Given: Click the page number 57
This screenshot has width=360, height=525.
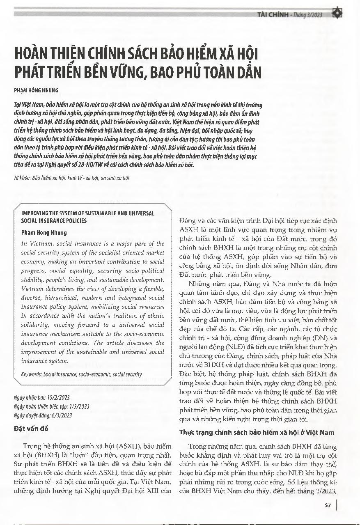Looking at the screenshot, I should (x=328, y=505).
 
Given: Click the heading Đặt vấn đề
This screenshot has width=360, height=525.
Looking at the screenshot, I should (x=31, y=429).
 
